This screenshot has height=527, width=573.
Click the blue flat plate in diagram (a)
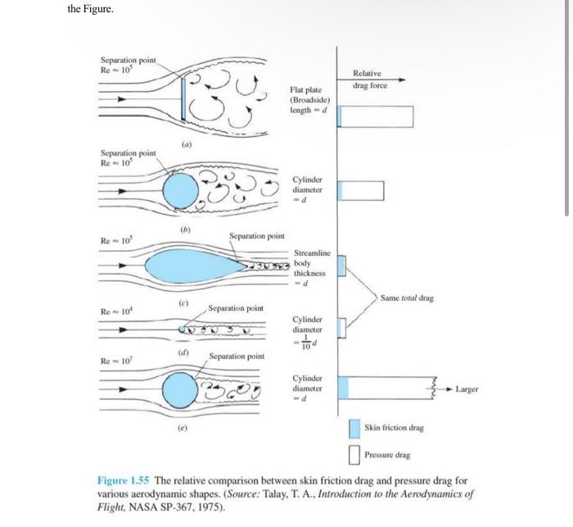184,98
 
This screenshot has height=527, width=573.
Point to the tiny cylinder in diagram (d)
182,329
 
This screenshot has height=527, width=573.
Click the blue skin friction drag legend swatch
354,428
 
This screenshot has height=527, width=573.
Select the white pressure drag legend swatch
354,453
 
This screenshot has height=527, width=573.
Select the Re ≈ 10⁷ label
115,360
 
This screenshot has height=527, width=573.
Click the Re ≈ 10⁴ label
115,311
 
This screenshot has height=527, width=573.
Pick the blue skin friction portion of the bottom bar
344,388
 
